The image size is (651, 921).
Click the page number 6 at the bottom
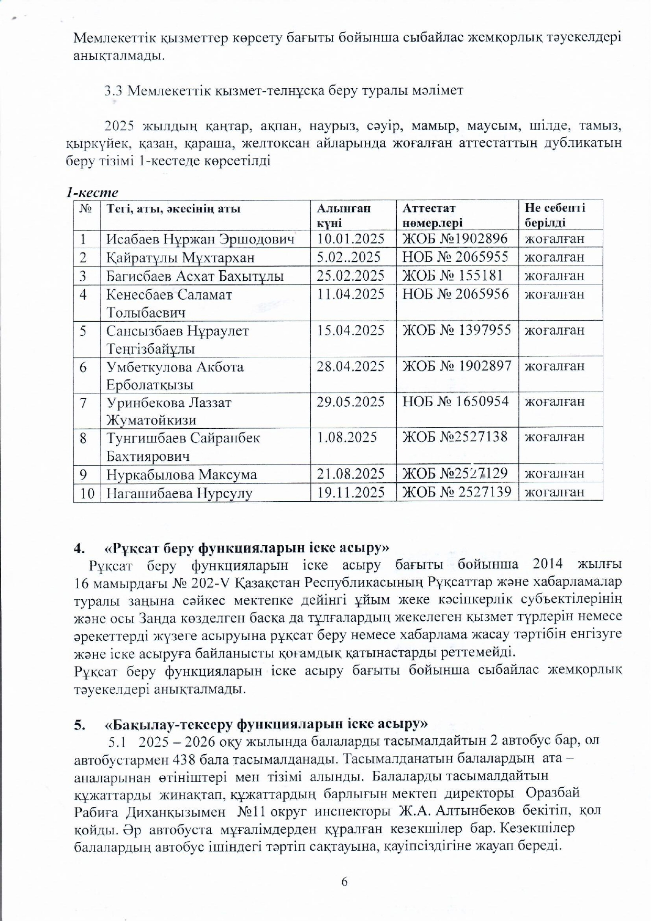point(344,882)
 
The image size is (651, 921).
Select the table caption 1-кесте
point(92,193)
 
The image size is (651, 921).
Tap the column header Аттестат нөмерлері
point(432,215)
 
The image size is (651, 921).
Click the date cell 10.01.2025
point(351,239)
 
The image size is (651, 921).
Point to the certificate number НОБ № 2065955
point(455,257)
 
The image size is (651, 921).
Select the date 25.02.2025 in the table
point(351,276)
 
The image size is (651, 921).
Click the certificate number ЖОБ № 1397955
point(456,331)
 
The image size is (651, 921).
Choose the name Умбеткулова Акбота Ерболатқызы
point(175,375)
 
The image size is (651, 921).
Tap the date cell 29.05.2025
point(351,402)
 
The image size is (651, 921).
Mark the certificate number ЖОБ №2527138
point(455,437)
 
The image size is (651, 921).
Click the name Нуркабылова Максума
point(182,475)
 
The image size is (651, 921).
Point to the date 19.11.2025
point(351,492)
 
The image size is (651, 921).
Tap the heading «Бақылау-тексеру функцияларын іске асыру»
point(266,724)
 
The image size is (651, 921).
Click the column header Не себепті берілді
point(555,215)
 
